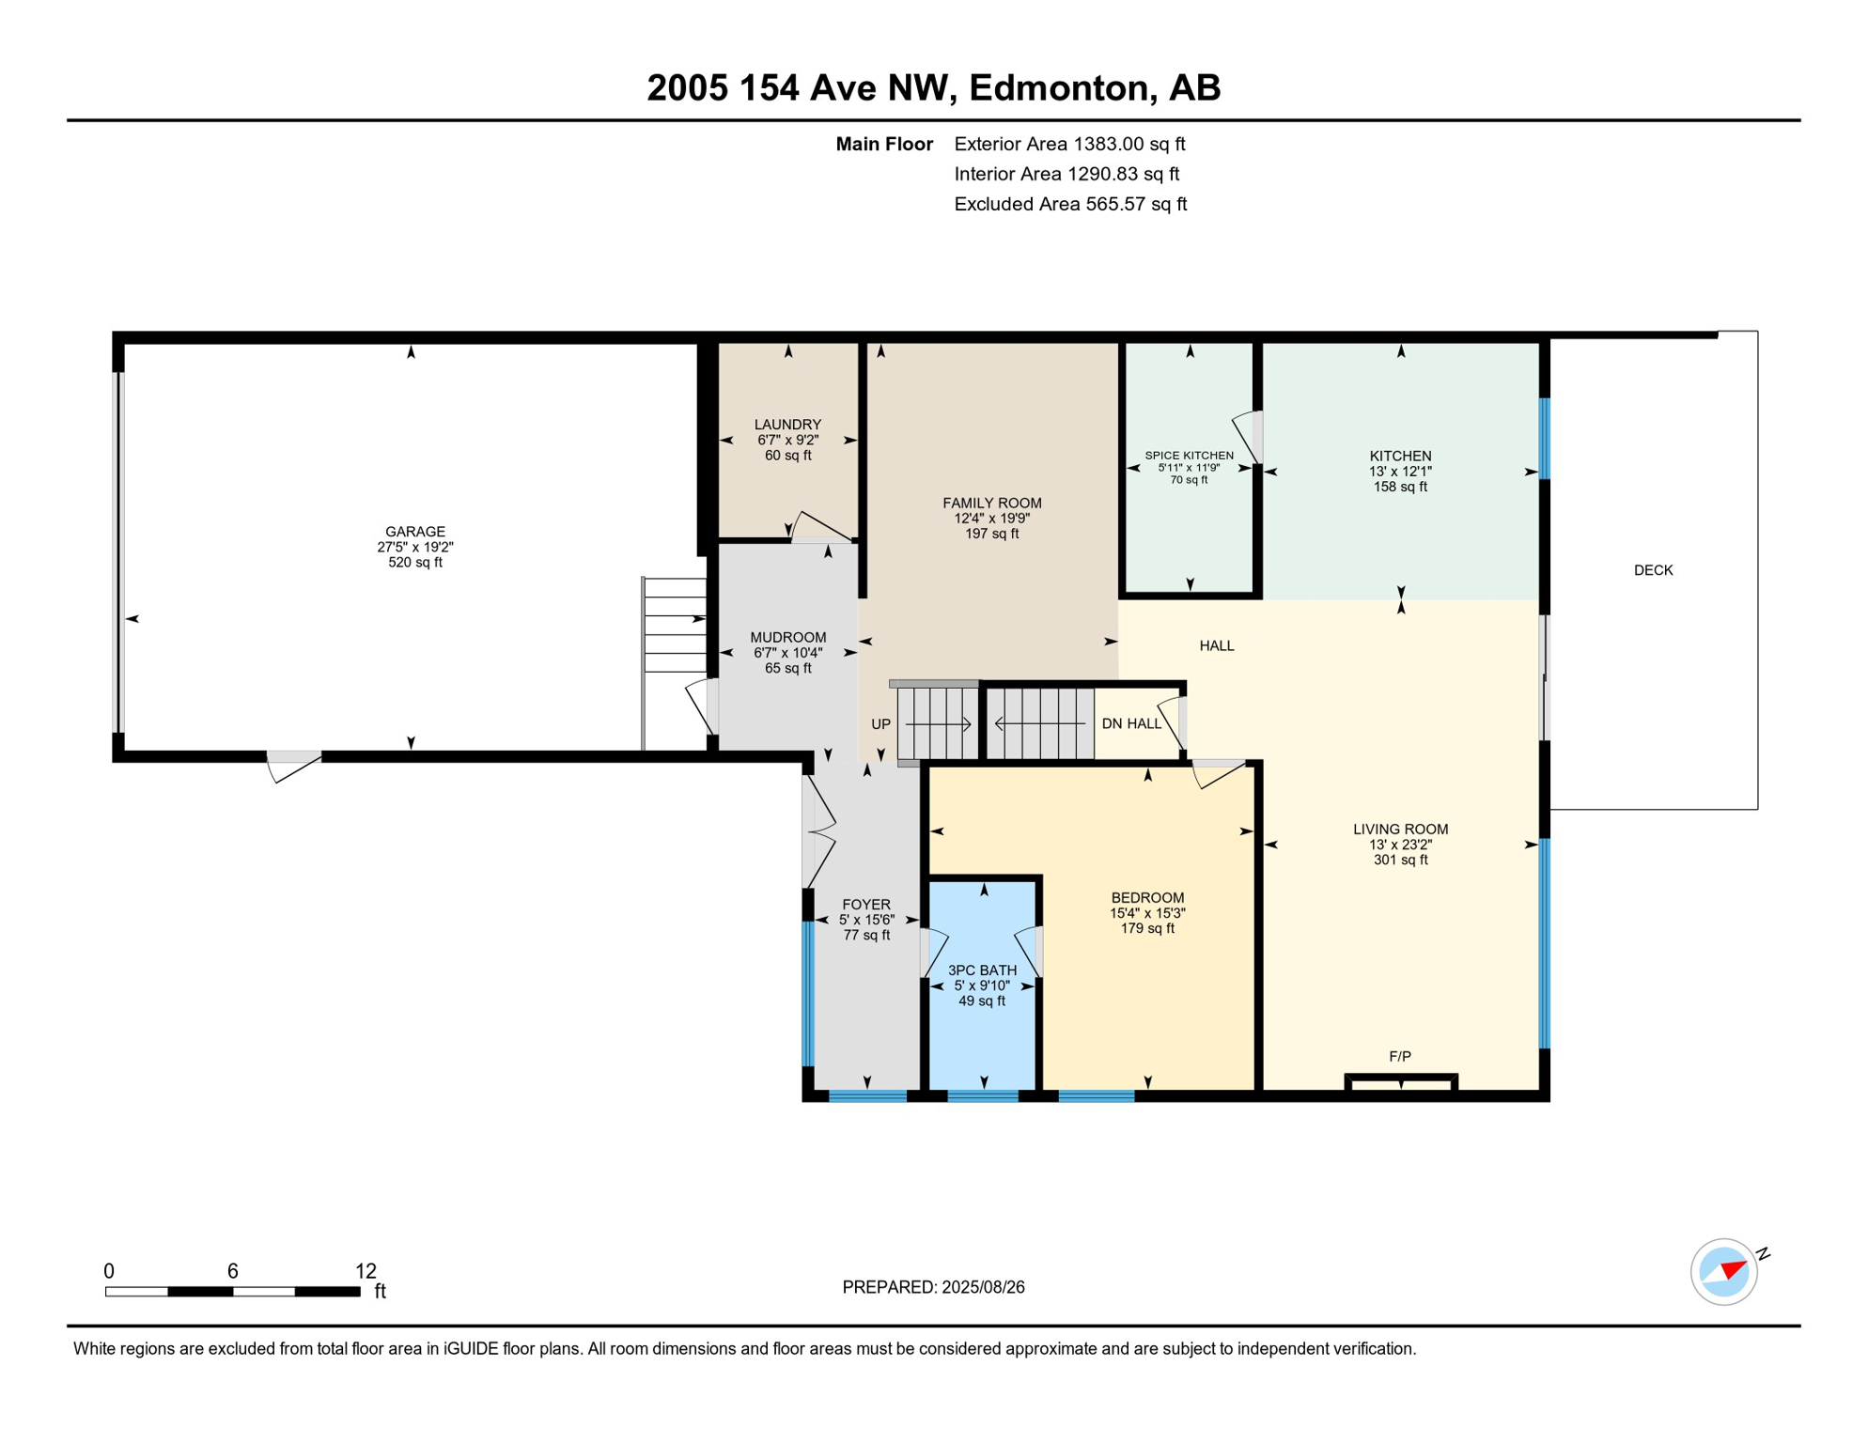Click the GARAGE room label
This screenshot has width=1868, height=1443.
[414, 532]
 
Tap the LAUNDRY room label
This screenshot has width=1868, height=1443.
[787, 425]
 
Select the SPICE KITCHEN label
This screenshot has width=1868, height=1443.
[1189, 456]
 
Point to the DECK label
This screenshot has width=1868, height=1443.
[1653, 570]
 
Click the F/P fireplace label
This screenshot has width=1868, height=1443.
[1399, 1057]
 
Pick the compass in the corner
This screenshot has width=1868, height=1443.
[1723, 1272]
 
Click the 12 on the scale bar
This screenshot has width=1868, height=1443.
[366, 1271]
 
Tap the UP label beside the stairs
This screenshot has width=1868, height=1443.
[880, 724]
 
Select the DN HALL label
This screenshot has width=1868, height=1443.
[1131, 723]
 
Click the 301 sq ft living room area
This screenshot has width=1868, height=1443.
[1400, 860]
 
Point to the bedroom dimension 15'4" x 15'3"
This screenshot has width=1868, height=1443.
[1147, 913]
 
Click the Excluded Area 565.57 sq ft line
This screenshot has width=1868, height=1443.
[1069, 204]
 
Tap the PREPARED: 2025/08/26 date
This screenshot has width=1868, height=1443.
[933, 1287]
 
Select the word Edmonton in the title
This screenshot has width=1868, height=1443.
[1062, 87]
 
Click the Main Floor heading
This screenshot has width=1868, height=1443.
[883, 144]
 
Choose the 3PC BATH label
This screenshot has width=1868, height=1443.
[982, 970]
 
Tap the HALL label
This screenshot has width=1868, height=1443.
[1216, 645]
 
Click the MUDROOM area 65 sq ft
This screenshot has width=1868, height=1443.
[787, 668]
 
